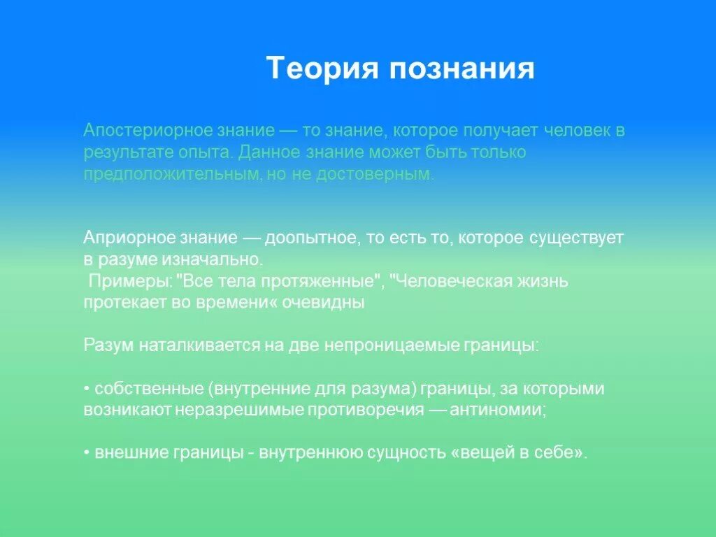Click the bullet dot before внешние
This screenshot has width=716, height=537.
pos(86,453)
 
